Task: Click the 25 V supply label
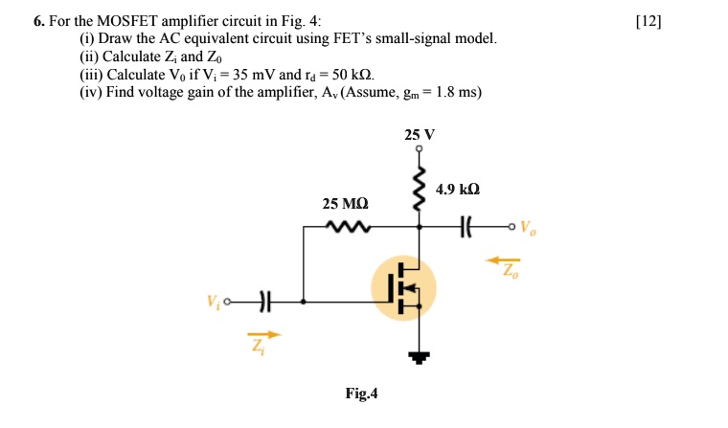click(418, 135)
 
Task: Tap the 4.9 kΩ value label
click(458, 190)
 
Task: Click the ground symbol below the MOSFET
click(418, 357)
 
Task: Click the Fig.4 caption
click(362, 393)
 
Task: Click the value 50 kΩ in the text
click(349, 74)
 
